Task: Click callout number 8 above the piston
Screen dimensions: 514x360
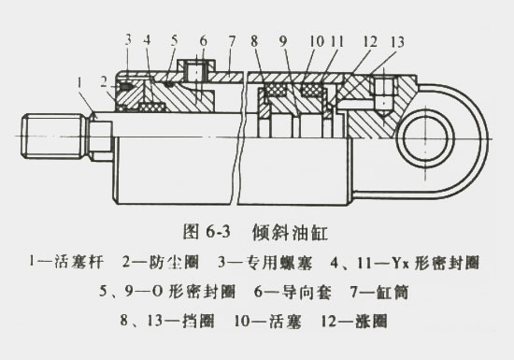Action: [x=255, y=40]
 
